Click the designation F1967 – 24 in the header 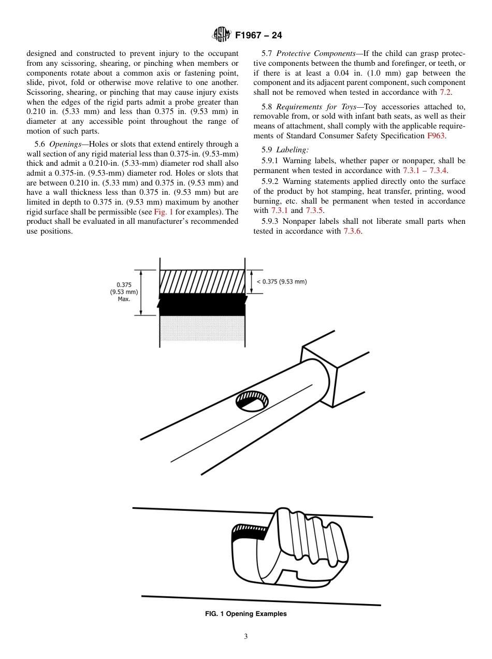pyautogui.click(x=258, y=36)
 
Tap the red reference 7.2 pyautogui.click(x=445, y=92)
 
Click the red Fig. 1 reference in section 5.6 pyautogui.click(x=163, y=212)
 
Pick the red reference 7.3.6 pyautogui.click(x=353, y=231)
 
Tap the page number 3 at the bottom pyautogui.click(x=246, y=636)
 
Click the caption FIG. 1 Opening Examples pyautogui.click(x=246, y=614)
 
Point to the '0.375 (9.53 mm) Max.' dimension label pyautogui.click(x=123, y=292)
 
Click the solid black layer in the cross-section pyautogui.click(x=202, y=306)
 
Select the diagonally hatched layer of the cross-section pyautogui.click(x=202, y=281)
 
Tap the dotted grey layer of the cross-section pyautogui.click(x=202, y=329)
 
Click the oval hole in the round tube pyautogui.click(x=252, y=402)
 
